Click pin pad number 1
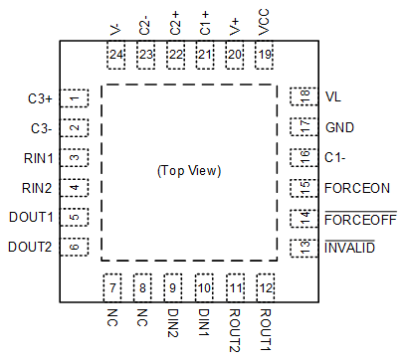75,97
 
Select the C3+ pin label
41,98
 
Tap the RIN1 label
41,157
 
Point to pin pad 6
75,248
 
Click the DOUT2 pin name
32,248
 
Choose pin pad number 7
113,288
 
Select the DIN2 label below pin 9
173,323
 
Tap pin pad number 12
264,288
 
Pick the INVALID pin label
350,248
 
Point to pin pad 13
299,248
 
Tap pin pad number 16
299,157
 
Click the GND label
339,127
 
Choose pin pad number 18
299,97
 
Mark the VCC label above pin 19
263,22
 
